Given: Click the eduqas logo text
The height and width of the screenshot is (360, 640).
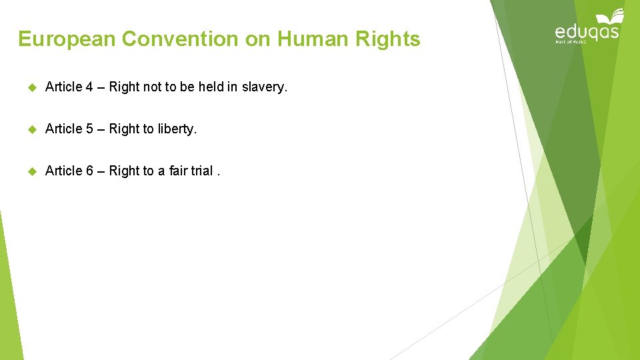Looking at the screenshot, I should [x=587, y=32].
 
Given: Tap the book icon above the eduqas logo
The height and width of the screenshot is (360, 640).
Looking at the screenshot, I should [x=611, y=17].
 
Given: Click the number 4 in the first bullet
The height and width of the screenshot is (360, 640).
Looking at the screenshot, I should [x=89, y=87].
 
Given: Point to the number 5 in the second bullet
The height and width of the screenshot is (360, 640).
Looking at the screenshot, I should [x=89, y=129].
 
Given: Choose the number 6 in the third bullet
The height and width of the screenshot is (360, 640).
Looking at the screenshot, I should [x=89, y=171].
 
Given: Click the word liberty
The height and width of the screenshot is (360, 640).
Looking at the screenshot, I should [x=177, y=129].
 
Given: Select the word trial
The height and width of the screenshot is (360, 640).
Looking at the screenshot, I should [x=202, y=171].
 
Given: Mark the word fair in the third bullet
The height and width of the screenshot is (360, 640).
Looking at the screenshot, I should [x=179, y=171].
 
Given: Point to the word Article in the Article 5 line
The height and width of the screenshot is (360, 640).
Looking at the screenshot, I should [x=63, y=129].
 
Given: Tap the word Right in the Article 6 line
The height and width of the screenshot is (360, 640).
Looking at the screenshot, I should [x=124, y=171].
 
